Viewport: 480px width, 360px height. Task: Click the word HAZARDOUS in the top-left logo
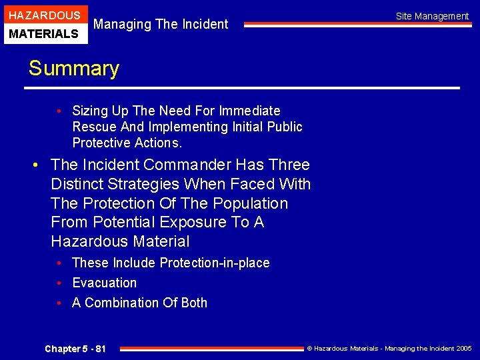pyautogui.click(x=44, y=15)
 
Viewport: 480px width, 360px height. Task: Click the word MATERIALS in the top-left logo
pyautogui.click(x=44, y=33)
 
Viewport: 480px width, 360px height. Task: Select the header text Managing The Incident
pyautogui.click(x=161, y=25)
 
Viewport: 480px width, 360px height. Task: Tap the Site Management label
pyautogui.click(x=432, y=16)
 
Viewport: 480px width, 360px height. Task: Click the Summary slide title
pyautogui.click(x=73, y=69)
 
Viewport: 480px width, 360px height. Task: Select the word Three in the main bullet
pyautogui.click(x=287, y=165)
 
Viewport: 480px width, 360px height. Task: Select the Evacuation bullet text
pyautogui.click(x=104, y=283)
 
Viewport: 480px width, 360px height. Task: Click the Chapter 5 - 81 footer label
pyautogui.click(x=75, y=349)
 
